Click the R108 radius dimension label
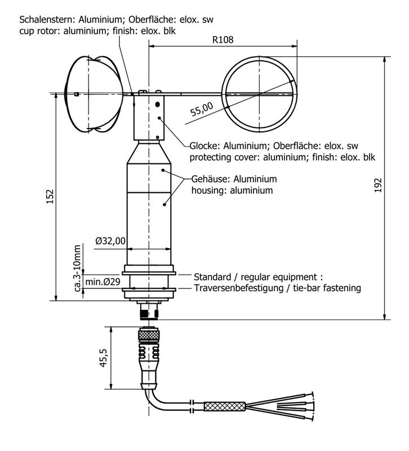click(x=223, y=41)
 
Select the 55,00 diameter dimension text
click(x=202, y=108)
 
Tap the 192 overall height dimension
click(x=378, y=185)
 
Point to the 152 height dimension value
click(x=50, y=196)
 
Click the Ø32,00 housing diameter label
click(x=110, y=241)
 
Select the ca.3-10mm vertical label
click(x=78, y=268)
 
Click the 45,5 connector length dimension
click(x=103, y=357)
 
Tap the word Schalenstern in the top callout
click(x=45, y=19)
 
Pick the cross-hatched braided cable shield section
click(x=224, y=405)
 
